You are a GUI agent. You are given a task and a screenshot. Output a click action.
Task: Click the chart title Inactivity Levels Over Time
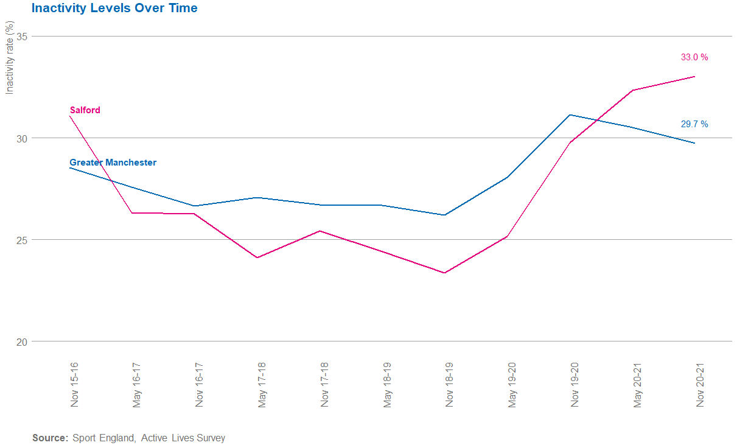point(114,9)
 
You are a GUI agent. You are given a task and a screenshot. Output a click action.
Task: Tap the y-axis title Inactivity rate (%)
point(9,57)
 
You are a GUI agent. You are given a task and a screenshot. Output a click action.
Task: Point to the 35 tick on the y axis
point(22,37)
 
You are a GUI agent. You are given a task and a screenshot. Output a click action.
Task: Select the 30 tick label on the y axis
point(22,138)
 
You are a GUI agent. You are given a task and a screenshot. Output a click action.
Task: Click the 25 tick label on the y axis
point(22,240)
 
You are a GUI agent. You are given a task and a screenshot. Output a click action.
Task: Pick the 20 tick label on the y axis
point(22,341)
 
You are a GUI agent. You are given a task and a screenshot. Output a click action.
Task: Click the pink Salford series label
point(85,110)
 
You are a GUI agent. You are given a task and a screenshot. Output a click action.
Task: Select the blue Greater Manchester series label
point(113,163)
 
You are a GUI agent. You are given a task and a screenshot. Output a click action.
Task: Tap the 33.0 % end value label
point(694,57)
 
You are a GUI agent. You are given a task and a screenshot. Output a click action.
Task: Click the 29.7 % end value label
point(694,124)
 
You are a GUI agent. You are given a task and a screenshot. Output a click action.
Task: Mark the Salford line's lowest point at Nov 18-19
point(445,273)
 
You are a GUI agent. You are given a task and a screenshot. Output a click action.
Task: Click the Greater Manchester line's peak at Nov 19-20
point(570,114)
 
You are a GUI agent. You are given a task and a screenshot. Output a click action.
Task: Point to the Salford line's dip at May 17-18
point(257,257)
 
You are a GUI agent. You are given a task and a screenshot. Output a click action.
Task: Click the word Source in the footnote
point(50,438)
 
